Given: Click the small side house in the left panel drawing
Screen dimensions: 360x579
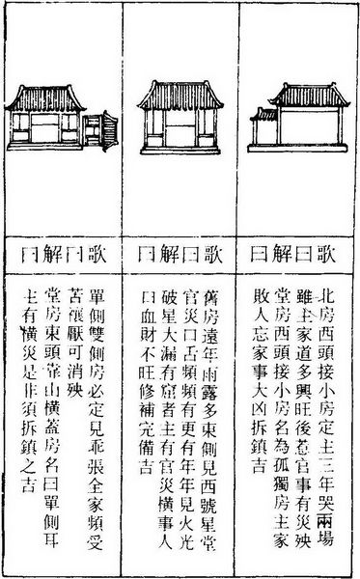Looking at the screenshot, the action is point(99,129).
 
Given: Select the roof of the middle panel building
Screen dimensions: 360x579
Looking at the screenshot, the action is point(180,93).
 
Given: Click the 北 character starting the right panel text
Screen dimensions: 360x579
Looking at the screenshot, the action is point(333,292).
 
